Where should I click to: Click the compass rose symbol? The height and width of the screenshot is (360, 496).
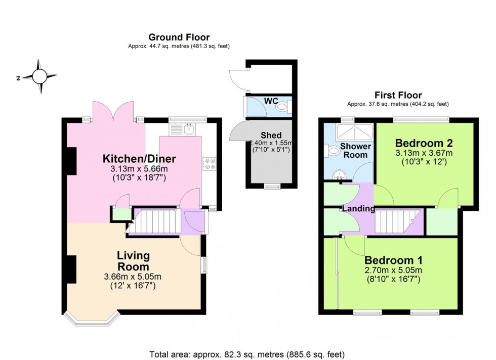(x=39, y=77)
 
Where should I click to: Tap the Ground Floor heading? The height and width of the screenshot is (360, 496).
(x=179, y=37)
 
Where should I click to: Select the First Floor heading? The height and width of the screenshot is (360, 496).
(x=398, y=95)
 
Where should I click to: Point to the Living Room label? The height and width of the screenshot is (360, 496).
(x=133, y=261)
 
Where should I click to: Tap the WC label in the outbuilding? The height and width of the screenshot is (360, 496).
(x=271, y=101)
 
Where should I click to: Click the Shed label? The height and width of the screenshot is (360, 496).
(x=271, y=135)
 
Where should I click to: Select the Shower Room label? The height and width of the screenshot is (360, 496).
(x=356, y=151)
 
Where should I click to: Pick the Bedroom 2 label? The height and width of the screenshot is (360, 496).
(x=424, y=143)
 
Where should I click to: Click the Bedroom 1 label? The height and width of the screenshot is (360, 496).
(x=393, y=260)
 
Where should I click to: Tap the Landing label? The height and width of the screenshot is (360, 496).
(x=358, y=208)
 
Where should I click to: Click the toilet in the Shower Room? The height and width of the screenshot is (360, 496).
(x=334, y=151)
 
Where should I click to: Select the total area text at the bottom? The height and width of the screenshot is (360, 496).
(x=247, y=354)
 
